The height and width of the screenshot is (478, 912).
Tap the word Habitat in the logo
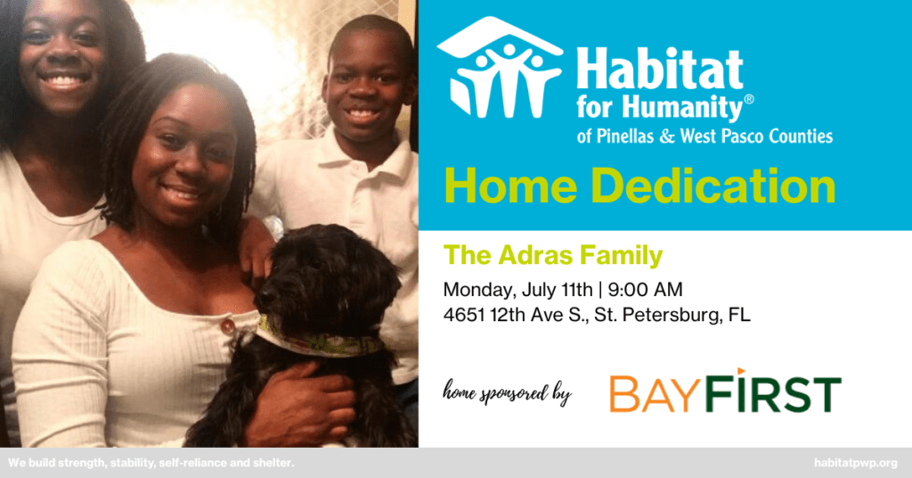tap(660, 70)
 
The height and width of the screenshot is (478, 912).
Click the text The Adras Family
tap(553, 256)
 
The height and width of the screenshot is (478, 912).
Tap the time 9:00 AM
tap(645, 289)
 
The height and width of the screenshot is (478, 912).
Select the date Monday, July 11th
tap(517, 290)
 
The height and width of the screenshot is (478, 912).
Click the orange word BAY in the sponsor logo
tap(653, 394)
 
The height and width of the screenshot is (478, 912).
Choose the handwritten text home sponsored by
tap(508, 392)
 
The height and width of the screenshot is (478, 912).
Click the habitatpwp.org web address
tap(856, 464)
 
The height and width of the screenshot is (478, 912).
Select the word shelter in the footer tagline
tap(273, 464)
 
